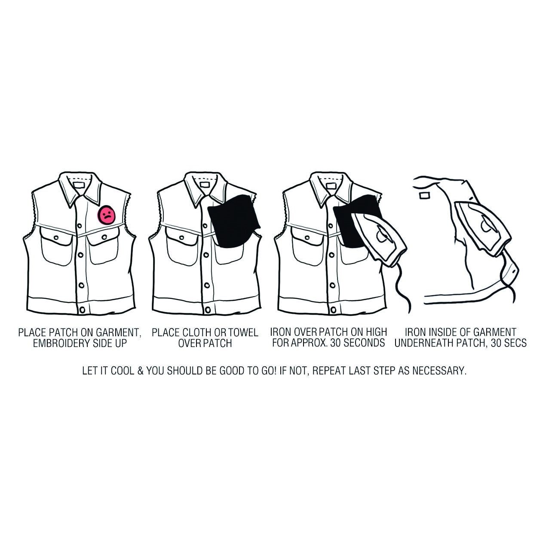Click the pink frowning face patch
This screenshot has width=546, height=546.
(106, 215)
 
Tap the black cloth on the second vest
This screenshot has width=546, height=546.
(233, 220)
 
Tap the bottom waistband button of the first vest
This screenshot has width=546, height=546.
(82, 310)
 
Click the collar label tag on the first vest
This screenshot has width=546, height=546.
(79, 185)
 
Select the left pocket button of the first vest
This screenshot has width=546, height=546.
(56, 237)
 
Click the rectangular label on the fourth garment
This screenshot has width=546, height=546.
(424, 196)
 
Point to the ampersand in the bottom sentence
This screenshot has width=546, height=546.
(140, 371)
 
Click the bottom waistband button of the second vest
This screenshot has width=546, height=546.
(208, 310)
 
